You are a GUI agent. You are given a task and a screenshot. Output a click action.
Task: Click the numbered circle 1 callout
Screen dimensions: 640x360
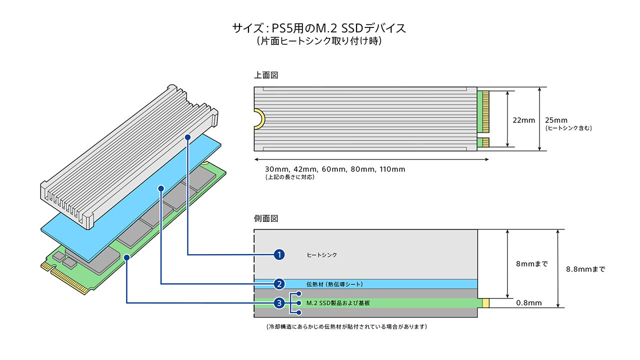point(279,254)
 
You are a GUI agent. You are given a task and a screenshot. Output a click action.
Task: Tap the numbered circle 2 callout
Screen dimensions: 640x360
point(279,284)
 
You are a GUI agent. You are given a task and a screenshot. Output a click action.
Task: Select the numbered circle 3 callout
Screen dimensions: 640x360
point(279,303)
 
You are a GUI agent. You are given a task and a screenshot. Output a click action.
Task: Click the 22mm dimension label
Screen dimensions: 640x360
point(523,120)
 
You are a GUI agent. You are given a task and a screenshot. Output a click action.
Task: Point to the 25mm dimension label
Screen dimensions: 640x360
point(556,120)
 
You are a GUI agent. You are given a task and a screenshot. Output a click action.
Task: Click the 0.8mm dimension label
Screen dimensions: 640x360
point(529,303)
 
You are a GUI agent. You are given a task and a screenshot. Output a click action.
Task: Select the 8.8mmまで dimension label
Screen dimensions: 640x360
point(585,269)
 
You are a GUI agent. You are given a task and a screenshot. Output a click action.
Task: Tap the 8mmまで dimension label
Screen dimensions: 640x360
point(531,263)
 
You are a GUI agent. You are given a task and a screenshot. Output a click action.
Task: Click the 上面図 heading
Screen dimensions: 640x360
point(266,75)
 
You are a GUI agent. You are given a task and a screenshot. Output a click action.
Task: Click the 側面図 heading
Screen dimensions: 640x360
point(266,218)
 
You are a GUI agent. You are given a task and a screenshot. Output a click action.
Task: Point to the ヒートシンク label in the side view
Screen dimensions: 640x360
point(321,255)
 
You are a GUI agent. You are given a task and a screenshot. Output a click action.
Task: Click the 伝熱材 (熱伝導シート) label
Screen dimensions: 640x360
point(334,284)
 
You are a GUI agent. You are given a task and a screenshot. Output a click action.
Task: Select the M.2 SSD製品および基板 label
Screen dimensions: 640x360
point(338,303)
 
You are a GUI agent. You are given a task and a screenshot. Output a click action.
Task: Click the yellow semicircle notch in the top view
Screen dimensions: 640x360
point(259,119)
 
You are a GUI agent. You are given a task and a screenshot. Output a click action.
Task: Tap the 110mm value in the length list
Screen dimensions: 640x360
point(392,169)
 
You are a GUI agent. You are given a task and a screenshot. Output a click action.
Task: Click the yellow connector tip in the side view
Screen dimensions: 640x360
point(485,303)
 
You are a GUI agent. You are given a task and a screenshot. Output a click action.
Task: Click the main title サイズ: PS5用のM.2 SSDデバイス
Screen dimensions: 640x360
point(319,28)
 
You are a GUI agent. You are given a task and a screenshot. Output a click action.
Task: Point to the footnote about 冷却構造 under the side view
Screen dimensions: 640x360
point(346,326)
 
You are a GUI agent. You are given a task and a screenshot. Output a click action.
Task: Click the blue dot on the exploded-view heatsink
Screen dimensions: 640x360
point(187,137)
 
